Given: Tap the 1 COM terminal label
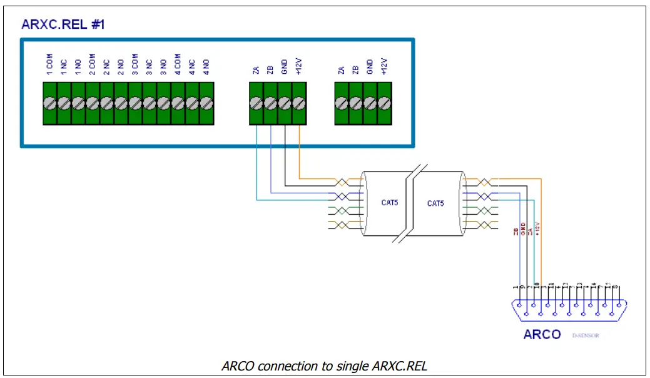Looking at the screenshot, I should coord(49,66).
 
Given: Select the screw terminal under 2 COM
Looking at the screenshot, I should coord(92,103).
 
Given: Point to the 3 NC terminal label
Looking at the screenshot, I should coord(149,66).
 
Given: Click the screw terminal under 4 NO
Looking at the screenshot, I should coord(206,103).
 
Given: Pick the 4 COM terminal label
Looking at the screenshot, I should coord(177,66).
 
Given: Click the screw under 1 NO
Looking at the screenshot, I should coord(78,103).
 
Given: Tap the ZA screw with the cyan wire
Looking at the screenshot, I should coord(256,103).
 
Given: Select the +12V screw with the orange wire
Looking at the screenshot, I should coord(299,103).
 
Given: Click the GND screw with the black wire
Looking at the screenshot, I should coord(285,103).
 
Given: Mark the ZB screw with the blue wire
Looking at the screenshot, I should coord(270,103).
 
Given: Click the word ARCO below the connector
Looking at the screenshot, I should coord(542,334).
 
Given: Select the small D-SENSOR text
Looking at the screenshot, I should coord(586,336).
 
